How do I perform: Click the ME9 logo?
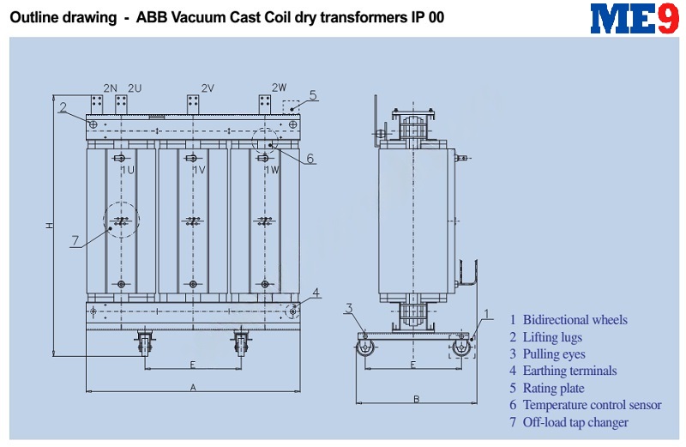pos(635,18)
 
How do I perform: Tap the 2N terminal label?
pos(111,88)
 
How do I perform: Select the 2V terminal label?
pos(208,88)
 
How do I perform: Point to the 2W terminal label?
pos(280,88)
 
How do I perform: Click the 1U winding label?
pos(128,170)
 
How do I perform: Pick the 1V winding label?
pos(199,170)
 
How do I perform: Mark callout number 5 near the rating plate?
pos(313,95)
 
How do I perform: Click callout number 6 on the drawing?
pos(310,158)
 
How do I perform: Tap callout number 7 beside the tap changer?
pos(75,240)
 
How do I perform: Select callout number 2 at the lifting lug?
pos(63,107)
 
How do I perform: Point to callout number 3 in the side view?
pos(349,308)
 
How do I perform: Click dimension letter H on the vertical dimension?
pos(50,226)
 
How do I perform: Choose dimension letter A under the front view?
pos(193,388)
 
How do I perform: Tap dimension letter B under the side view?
pos(417,399)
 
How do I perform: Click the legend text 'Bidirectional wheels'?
pos(575,320)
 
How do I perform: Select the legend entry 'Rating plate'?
pos(553,389)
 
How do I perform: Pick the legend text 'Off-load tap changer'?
pos(575,422)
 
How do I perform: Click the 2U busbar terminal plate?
pos(121,105)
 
